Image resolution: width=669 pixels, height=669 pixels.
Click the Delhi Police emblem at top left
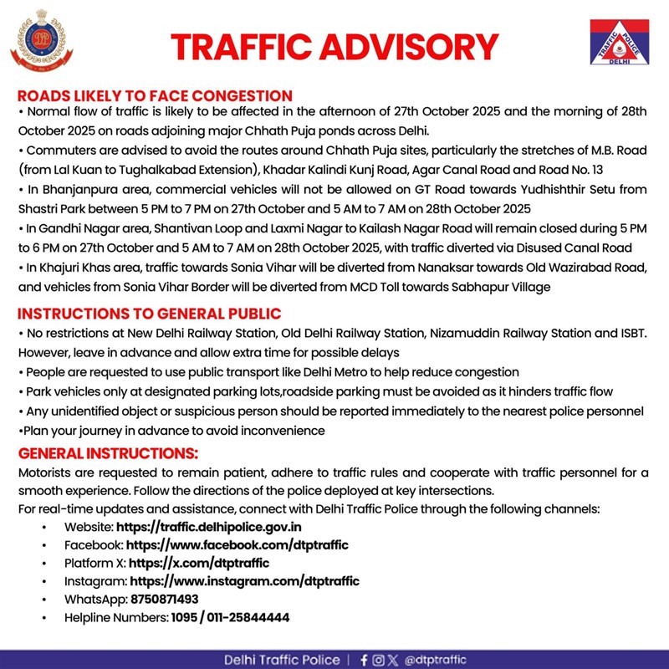coord(36,43)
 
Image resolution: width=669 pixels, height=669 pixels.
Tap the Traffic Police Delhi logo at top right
coord(620,43)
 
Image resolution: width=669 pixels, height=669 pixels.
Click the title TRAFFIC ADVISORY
coord(334,47)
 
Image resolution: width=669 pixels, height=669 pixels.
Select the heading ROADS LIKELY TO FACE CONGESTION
coord(143,94)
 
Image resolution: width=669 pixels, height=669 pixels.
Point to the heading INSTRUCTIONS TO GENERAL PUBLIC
coord(149,314)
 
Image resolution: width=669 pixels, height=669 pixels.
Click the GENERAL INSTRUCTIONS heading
coord(108,453)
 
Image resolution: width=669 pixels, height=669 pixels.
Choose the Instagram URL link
coord(244,581)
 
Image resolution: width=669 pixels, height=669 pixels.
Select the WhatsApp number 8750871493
coord(164,600)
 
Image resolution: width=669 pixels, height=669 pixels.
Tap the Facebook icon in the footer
coord(364,660)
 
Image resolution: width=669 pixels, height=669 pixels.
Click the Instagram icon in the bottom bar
coord(378,660)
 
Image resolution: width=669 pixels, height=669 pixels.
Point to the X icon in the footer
coord(393,660)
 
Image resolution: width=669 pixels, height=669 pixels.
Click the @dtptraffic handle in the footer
coord(436,660)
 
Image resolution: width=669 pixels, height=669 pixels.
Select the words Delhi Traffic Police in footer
coord(281,660)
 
